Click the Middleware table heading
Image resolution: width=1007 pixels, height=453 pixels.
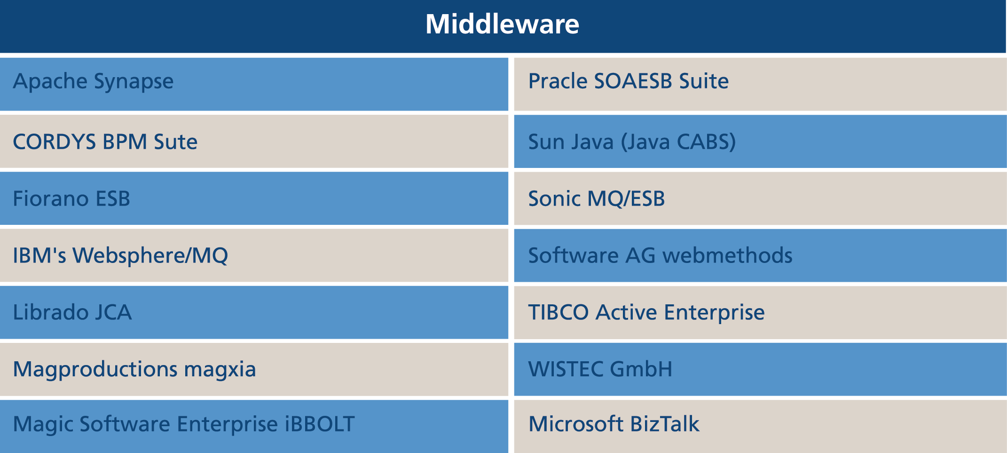point(502,24)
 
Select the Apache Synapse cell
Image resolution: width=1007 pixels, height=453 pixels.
point(254,84)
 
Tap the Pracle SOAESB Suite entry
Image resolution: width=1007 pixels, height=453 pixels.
point(760,84)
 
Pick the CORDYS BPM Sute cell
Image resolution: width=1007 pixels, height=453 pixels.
point(254,141)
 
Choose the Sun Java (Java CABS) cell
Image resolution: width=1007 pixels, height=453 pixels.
point(760,141)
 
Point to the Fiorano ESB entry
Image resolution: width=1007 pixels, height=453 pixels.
point(254,198)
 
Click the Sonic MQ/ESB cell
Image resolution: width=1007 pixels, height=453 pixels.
point(760,198)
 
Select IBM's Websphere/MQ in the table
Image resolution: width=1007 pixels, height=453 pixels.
point(254,255)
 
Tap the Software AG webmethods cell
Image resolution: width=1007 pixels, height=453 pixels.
point(760,255)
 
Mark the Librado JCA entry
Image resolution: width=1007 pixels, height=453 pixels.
point(254,312)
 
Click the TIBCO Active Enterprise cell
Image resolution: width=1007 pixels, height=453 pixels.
point(760,312)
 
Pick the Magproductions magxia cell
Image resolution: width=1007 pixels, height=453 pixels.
point(254,369)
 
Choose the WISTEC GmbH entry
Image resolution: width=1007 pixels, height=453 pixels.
point(760,369)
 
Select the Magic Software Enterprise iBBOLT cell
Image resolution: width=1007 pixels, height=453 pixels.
point(254,426)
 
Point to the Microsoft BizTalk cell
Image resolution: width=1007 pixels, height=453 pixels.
point(760,426)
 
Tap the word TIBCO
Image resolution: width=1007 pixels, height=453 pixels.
point(559,312)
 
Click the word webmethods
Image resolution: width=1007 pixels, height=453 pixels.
point(727,255)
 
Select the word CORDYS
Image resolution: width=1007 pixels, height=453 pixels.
point(54,142)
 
